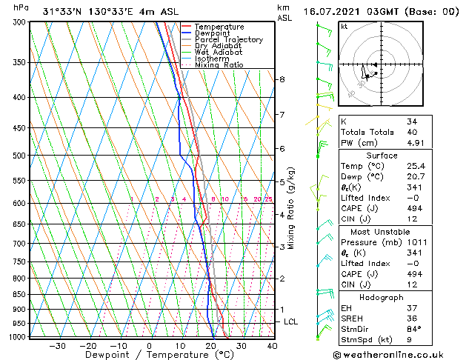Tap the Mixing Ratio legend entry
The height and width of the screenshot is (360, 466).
(219, 64)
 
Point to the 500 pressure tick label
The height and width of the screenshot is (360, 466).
(20, 156)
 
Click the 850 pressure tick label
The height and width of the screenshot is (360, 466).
(20, 294)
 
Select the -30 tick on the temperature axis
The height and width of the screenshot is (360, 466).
(57, 346)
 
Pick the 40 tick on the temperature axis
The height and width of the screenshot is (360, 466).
(272, 346)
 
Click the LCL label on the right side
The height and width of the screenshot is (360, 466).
(291, 322)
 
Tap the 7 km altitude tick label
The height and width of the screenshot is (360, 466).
(282, 115)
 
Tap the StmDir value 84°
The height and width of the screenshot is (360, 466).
(413, 329)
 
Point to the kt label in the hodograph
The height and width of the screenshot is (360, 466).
(344, 27)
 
